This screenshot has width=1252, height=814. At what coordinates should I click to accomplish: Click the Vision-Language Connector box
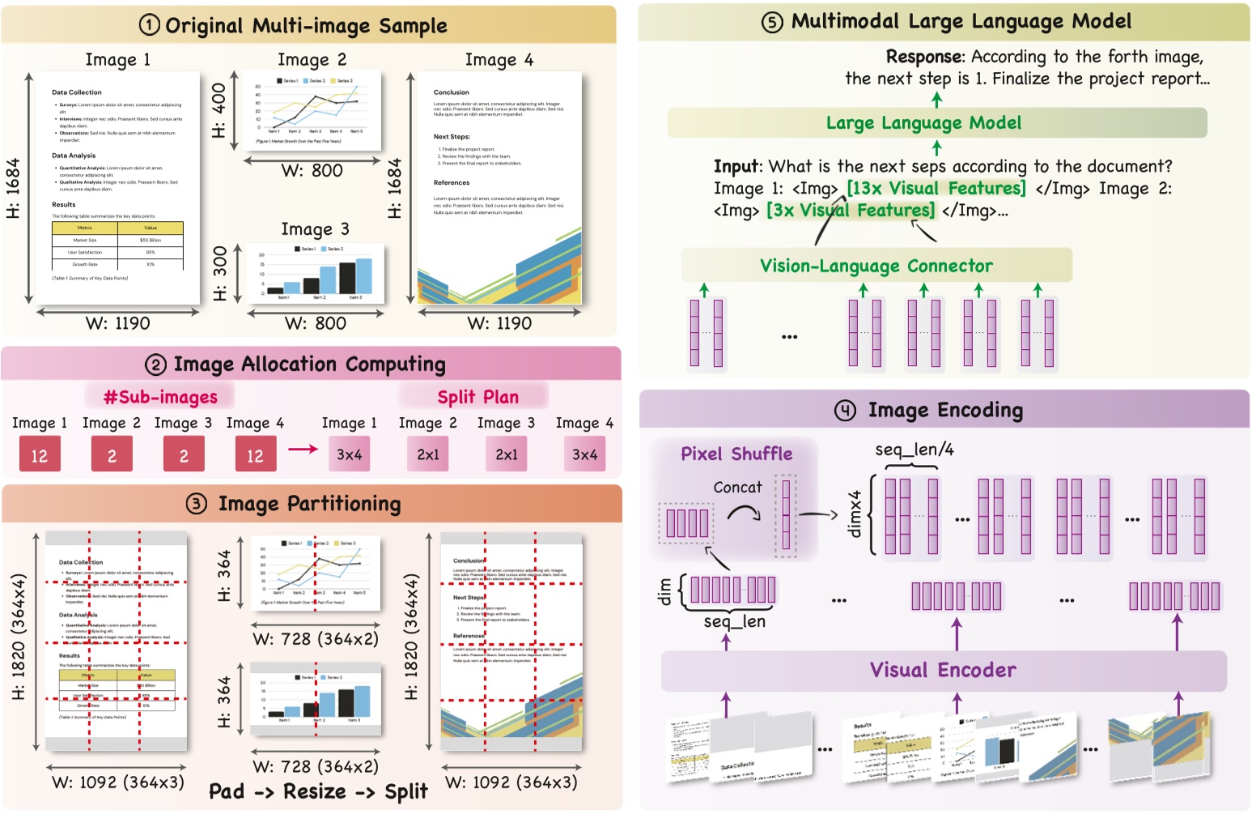(876, 266)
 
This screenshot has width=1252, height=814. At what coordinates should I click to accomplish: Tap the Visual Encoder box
(943, 671)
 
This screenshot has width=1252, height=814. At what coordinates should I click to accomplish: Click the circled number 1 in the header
(150, 25)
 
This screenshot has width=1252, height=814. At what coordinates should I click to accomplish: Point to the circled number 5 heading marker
(773, 22)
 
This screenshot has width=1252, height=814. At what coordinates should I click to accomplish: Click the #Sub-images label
(160, 397)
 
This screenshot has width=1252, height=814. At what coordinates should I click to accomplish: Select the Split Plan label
(477, 397)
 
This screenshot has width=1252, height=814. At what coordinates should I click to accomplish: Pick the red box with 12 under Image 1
(40, 455)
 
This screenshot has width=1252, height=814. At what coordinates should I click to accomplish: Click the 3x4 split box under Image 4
(584, 455)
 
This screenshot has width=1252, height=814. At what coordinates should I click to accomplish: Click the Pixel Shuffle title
(736, 454)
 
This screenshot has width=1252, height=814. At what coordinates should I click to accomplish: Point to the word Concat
(737, 487)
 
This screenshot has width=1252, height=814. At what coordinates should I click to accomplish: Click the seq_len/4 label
(914, 450)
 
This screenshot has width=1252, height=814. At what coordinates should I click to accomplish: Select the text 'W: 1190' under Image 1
(118, 323)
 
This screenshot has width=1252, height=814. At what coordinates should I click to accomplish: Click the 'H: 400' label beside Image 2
(219, 110)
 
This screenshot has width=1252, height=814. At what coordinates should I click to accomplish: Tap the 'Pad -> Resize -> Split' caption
(318, 791)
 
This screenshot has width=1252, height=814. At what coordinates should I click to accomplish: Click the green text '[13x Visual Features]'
(936, 189)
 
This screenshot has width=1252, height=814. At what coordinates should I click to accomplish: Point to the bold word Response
(924, 57)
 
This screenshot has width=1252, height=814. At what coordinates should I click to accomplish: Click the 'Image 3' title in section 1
(315, 229)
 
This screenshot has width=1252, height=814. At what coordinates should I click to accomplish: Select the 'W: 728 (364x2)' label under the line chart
(316, 639)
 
